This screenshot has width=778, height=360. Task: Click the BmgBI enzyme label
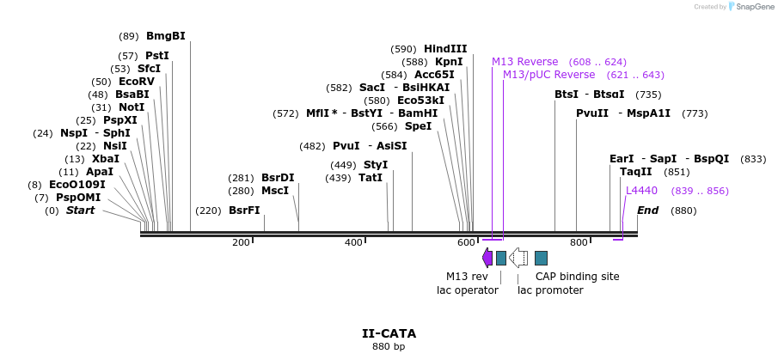coord(165,36)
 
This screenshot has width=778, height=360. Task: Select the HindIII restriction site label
coord(445,49)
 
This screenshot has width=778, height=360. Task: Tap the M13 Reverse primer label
coord(524,62)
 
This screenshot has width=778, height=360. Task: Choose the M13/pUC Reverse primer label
coord(536,75)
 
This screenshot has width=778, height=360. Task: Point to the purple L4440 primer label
coord(641,191)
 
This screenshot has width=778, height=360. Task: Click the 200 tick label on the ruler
coord(241,242)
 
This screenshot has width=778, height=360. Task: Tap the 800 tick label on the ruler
coord(579,242)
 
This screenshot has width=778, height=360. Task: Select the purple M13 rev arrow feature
coord(487,258)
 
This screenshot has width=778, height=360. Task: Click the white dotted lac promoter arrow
coord(518,258)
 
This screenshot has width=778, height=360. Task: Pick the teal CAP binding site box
coord(541,258)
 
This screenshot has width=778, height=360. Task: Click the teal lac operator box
coord(501,258)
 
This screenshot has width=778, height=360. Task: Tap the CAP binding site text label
coord(577,277)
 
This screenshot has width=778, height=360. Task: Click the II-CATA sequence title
coord(389,333)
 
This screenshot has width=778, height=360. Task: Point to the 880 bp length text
coord(389,347)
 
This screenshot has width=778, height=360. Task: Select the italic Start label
coord(80,211)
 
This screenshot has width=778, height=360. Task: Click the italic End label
coord(647,211)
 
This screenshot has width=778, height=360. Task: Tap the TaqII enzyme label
coord(635,172)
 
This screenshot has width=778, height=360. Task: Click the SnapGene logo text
coord(752,7)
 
